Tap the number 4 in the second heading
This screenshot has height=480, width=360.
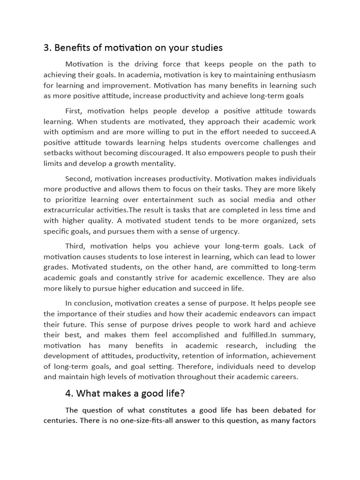coord(69,393)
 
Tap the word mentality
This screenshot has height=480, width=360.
coord(154,164)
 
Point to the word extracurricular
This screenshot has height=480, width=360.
coord(74,210)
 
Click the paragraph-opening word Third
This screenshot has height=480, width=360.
coord(75,246)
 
